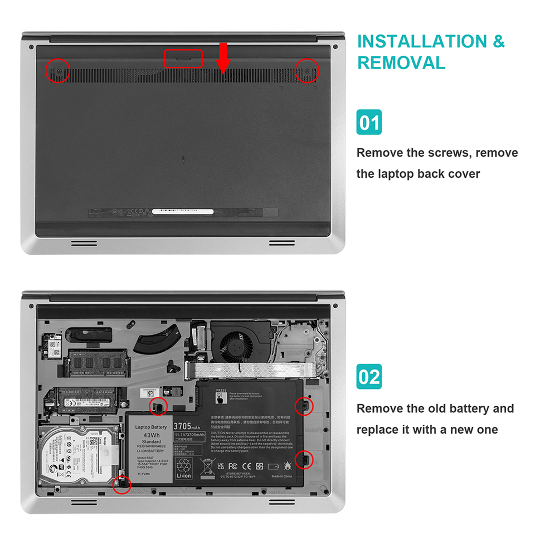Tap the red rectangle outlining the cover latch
(183, 58)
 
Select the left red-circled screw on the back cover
(57, 70)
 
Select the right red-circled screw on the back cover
(307, 70)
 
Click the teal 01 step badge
(369, 122)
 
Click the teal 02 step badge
(369, 377)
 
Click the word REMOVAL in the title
(401, 63)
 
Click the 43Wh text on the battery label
(151, 435)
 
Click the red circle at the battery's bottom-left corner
(121, 483)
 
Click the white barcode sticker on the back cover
(182, 212)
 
